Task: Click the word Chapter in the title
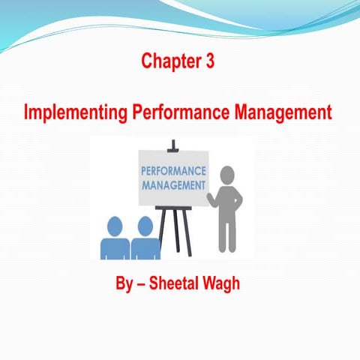[x=167, y=62]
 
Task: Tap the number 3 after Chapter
[x=209, y=62]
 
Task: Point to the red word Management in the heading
[x=282, y=114]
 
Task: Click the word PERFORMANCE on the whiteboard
[x=172, y=169]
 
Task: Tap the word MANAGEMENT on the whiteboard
[x=172, y=184]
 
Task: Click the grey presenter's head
[x=227, y=177]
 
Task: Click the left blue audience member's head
[x=115, y=226]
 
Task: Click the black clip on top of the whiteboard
[x=173, y=143]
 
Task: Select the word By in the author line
[x=120, y=286]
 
